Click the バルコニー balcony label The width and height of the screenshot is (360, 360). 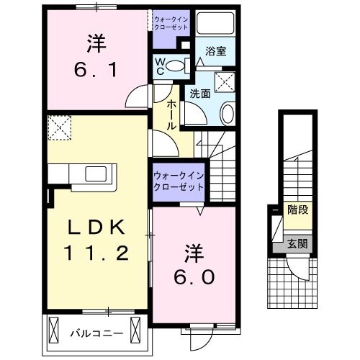tap(96, 334)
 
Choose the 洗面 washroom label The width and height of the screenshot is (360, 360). tap(200, 93)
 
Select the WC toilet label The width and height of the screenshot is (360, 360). tap(159, 66)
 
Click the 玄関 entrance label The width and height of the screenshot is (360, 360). tap(297, 243)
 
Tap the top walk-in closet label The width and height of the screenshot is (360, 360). tap(170, 21)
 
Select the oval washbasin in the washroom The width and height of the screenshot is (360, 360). tap(226, 113)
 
